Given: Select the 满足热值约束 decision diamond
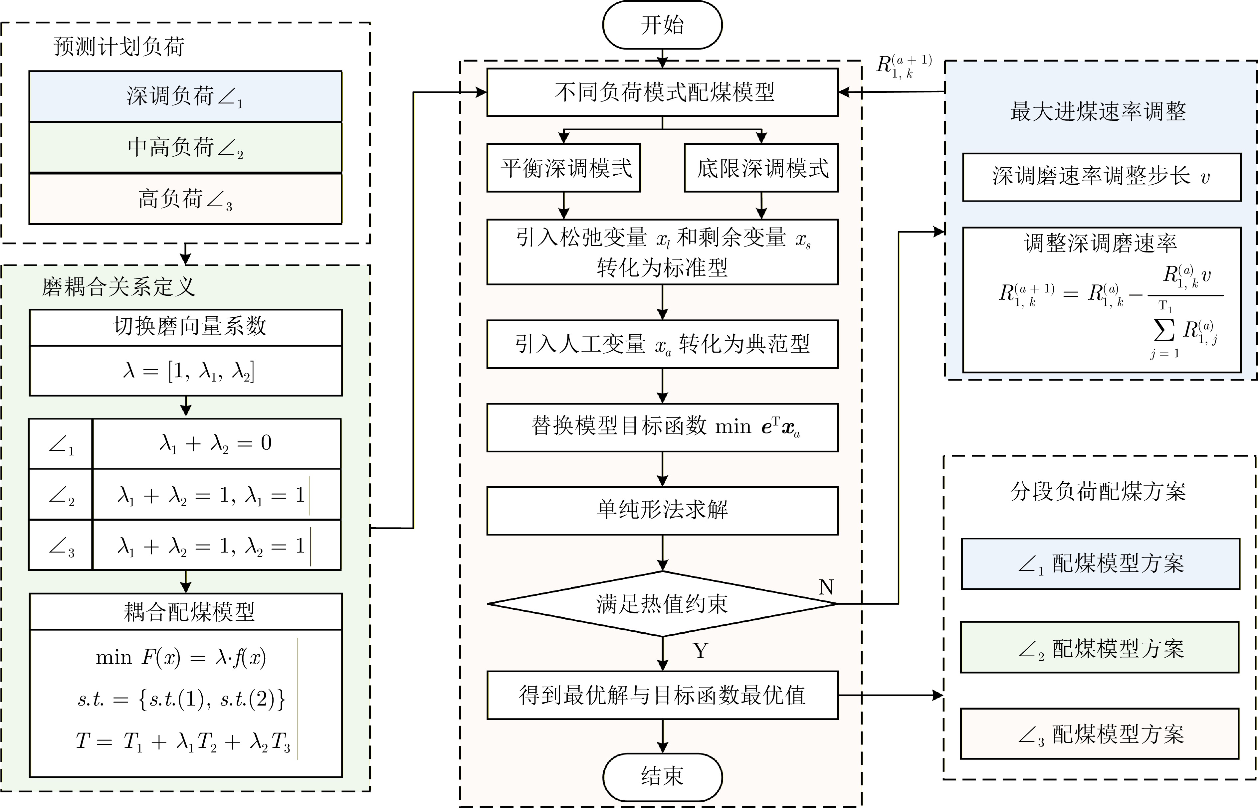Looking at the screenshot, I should click(662, 604).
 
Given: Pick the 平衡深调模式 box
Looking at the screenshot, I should click(564, 168).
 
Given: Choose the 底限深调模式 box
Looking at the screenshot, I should click(761, 168).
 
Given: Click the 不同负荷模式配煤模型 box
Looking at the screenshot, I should click(662, 92).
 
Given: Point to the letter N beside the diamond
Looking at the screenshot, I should click(826, 586).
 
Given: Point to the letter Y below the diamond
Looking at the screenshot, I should click(701, 651).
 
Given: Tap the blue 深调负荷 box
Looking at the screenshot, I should click(185, 96).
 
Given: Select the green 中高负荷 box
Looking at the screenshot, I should click(185, 147).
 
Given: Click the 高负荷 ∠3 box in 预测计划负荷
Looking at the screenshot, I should click(185, 199).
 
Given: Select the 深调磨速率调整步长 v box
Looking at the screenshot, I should click(1101, 177).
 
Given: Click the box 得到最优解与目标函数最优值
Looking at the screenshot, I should click(662, 695).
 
